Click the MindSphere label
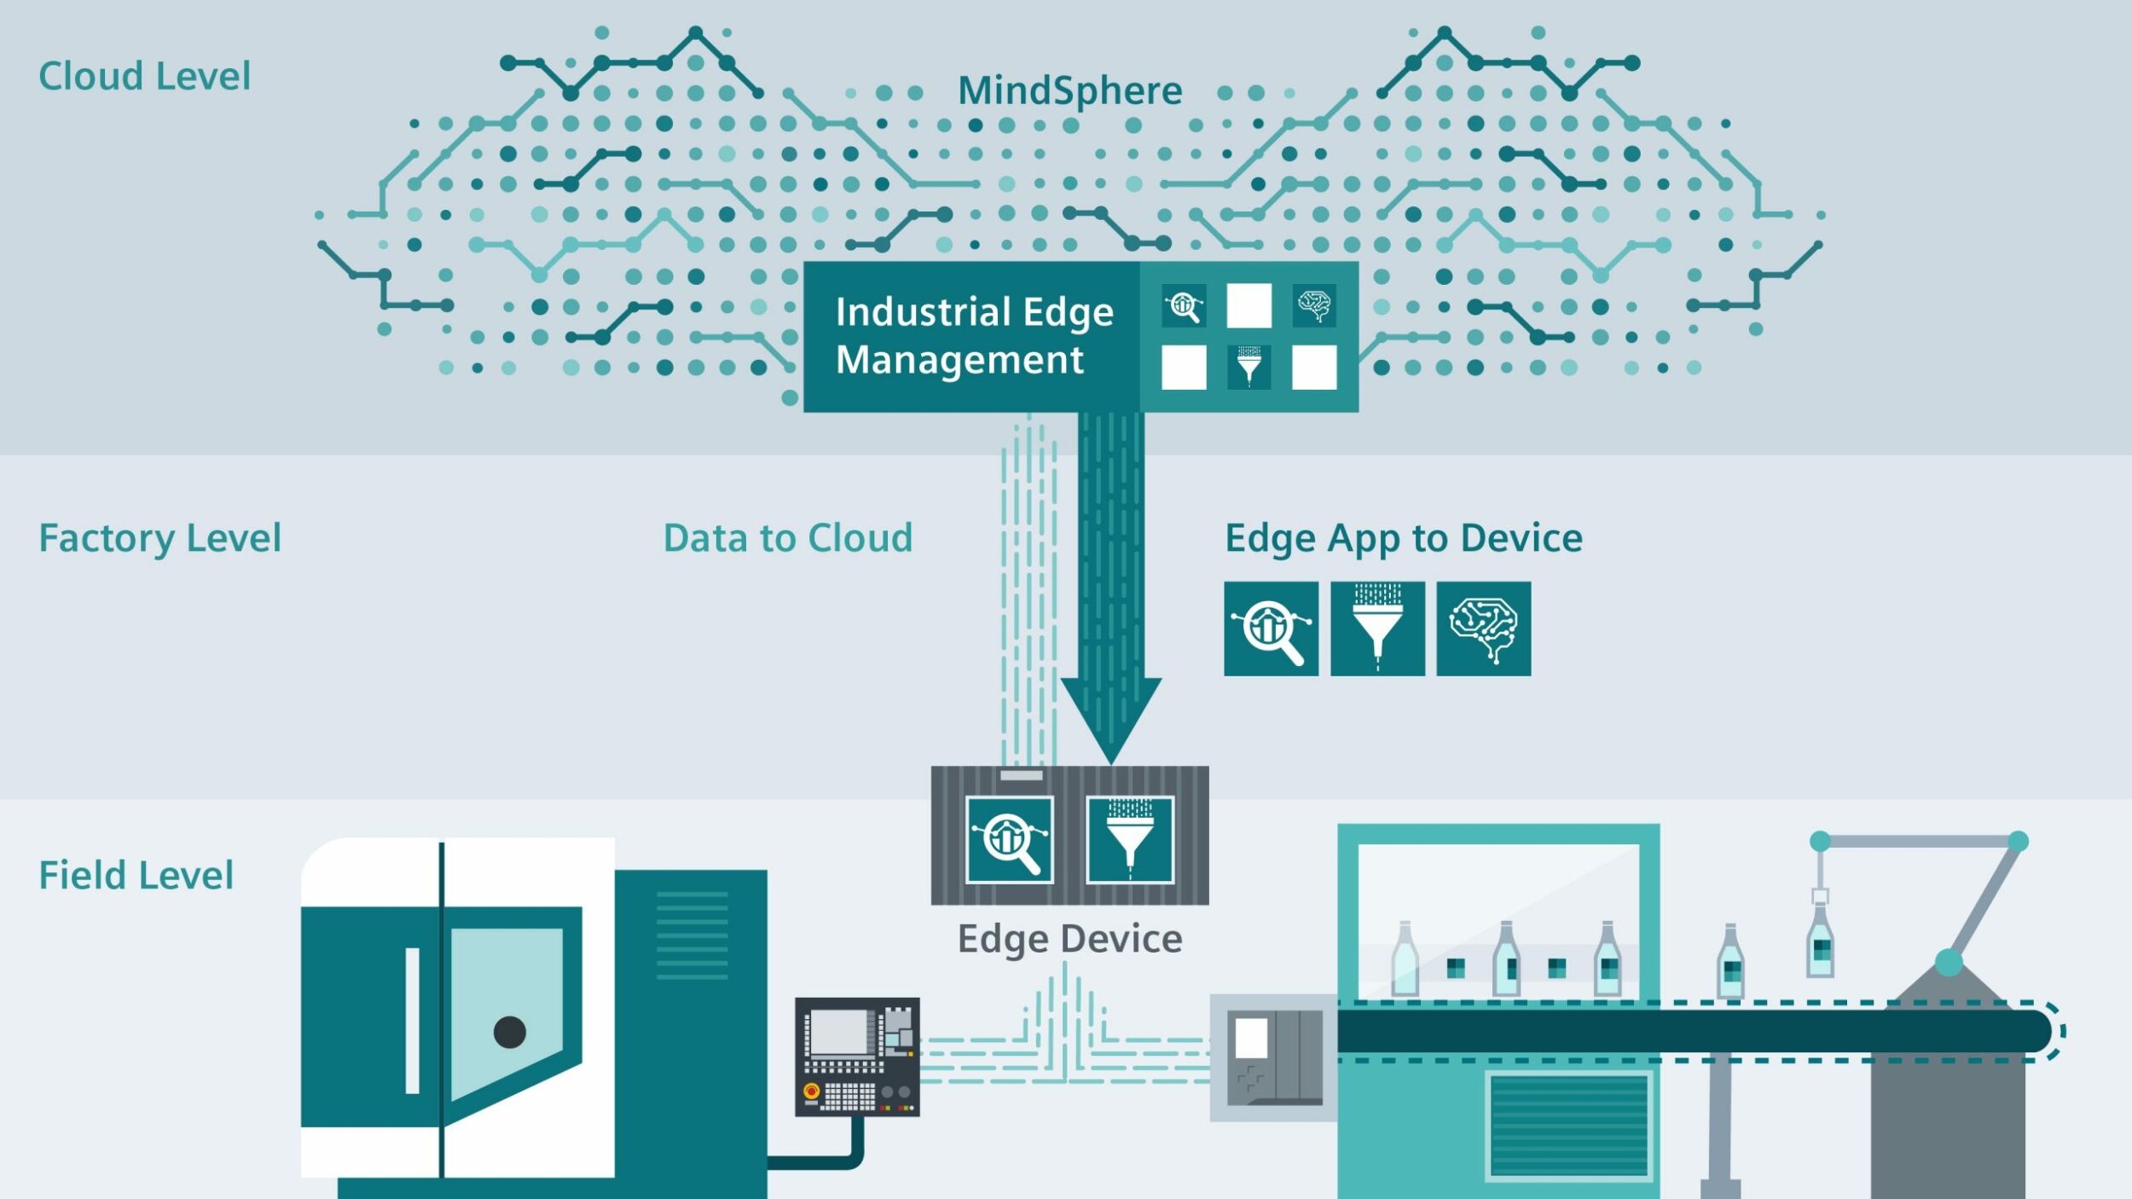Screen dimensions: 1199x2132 click(1069, 90)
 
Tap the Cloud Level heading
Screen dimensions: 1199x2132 click(145, 76)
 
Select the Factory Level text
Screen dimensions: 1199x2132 click(160, 538)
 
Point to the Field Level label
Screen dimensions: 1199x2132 click(136, 875)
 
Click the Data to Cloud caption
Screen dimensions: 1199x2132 click(788, 538)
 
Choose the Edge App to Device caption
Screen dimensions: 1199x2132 click(1404, 538)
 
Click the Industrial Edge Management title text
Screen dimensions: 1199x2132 click(974, 335)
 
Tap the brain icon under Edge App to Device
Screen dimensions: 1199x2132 click(1483, 629)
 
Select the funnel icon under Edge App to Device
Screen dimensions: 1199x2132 click(1377, 629)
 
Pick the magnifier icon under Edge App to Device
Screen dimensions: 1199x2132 click(1271, 629)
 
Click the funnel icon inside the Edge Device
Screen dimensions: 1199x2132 click(1130, 840)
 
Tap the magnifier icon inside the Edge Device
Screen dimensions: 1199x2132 click(1010, 840)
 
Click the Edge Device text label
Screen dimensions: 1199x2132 click(1069, 939)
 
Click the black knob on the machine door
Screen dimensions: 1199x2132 click(510, 1032)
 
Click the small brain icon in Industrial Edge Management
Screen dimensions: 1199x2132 click(1314, 305)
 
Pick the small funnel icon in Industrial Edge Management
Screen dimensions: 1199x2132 click(1248, 367)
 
